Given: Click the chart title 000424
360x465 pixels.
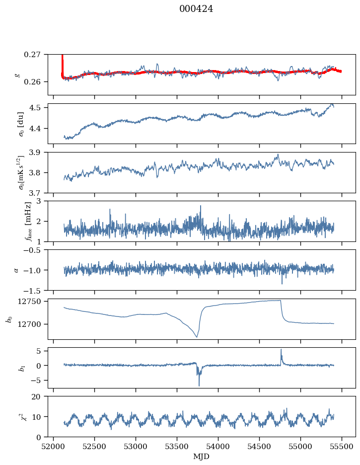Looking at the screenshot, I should [x=196, y=9].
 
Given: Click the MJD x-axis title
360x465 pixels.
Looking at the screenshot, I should [x=202, y=457].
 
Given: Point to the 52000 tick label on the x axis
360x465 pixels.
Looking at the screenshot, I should [x=54, y=447].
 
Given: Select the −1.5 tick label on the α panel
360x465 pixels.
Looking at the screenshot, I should [x=35, y=290].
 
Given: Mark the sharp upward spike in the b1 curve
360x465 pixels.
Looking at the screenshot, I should [x=281, y=350].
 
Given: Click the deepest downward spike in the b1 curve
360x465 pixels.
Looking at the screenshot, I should [x=199, y=385].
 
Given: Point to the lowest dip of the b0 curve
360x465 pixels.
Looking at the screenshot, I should [x=197, y=337].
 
